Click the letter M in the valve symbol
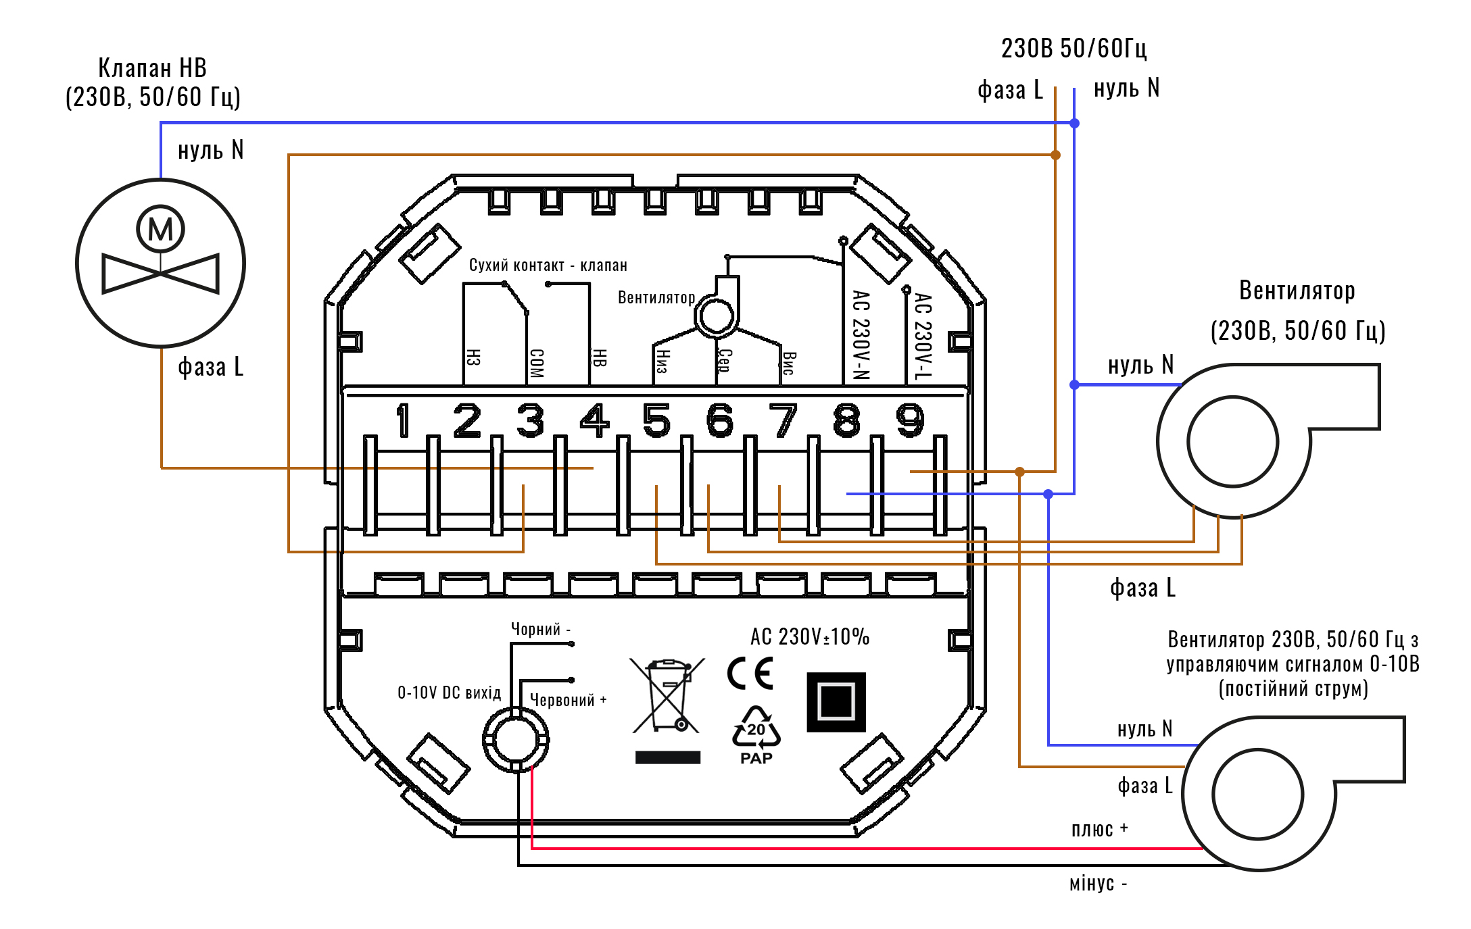click(161, 230)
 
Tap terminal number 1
click(404, 420)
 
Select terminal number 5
click(656, 420)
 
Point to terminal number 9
click(910, 420)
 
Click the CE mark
click(750, 673)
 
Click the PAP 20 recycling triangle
click(756, 735)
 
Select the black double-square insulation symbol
click(836, 702)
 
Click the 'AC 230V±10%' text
click(810, 636)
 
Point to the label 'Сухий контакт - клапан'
click(548, 265)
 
